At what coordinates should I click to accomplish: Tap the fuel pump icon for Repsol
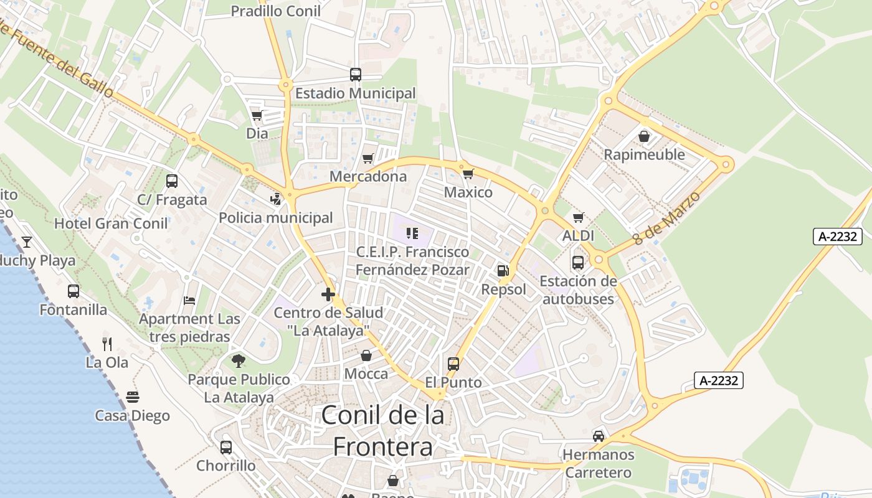[503, 271]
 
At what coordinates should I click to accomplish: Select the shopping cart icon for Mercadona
[368, 158]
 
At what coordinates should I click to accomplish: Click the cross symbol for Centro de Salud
[328, 294]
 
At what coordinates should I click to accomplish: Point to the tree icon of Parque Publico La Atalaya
[239, 360]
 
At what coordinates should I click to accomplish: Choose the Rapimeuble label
[644, 154]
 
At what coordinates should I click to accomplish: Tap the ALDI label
[578, 236]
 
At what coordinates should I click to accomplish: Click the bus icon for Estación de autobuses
[578, 262]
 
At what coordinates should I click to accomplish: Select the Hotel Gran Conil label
[111, 223]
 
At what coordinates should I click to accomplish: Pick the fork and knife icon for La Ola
[107, 344]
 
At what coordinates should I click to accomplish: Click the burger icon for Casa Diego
[132, 397]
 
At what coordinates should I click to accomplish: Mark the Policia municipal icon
[275, 199]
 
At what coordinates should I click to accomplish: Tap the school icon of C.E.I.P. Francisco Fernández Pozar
[412, 233]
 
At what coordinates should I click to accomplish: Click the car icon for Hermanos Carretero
[598, 436]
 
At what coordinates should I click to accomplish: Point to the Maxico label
[468, 192]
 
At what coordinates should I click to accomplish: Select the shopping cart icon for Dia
[257, 115]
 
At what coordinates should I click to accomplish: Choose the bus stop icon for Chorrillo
[226, 447]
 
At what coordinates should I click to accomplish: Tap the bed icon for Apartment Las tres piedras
[189, 301]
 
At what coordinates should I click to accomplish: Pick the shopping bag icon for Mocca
[366, 355]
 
